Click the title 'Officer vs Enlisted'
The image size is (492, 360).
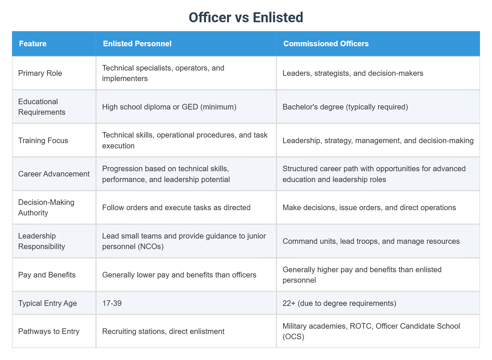(246, 18)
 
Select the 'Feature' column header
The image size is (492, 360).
(33, 44)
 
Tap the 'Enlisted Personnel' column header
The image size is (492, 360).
(137, 44)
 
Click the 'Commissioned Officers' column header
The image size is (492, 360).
(326, 44)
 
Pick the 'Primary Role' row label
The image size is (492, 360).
(40, 73)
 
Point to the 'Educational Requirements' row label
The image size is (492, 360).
(42, 107)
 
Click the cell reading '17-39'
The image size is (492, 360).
(112, 303)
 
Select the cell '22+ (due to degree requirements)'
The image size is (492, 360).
(339, 303)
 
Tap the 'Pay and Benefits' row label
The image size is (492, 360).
(47, 275)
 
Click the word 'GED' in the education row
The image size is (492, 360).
(190, 107)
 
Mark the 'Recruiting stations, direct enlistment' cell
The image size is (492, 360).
(163, 331)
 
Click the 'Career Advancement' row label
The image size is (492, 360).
(54, 174)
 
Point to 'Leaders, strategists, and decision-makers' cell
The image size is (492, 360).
(353, 73)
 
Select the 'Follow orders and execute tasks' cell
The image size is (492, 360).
(176, 208)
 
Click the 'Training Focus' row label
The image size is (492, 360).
(43, 140)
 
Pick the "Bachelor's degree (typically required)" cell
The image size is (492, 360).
(345, 107)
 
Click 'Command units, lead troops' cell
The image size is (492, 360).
(371, 241)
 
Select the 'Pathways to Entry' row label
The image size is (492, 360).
(49, 331)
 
